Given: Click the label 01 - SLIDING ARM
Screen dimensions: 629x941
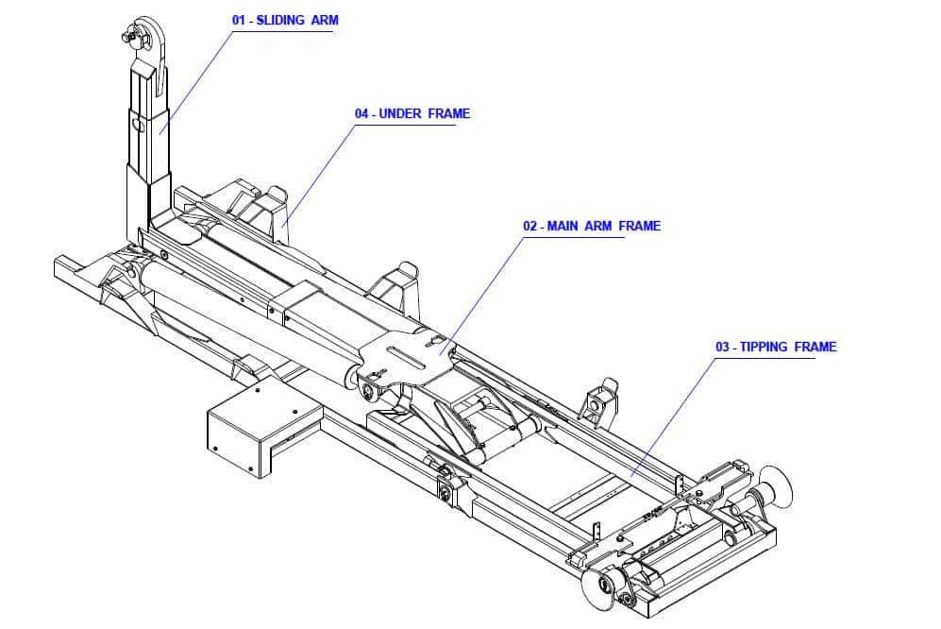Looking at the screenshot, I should click(284, 20).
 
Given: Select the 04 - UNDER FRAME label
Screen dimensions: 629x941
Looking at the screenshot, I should click(412, 113).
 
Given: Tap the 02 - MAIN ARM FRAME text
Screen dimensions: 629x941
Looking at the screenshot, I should click(592, 226).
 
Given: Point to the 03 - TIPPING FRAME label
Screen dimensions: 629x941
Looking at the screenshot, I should click(775, 347).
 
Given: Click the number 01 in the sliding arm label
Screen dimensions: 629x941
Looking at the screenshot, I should click(240, 20).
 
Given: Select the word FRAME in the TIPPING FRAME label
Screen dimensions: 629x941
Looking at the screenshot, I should click(815, 347).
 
